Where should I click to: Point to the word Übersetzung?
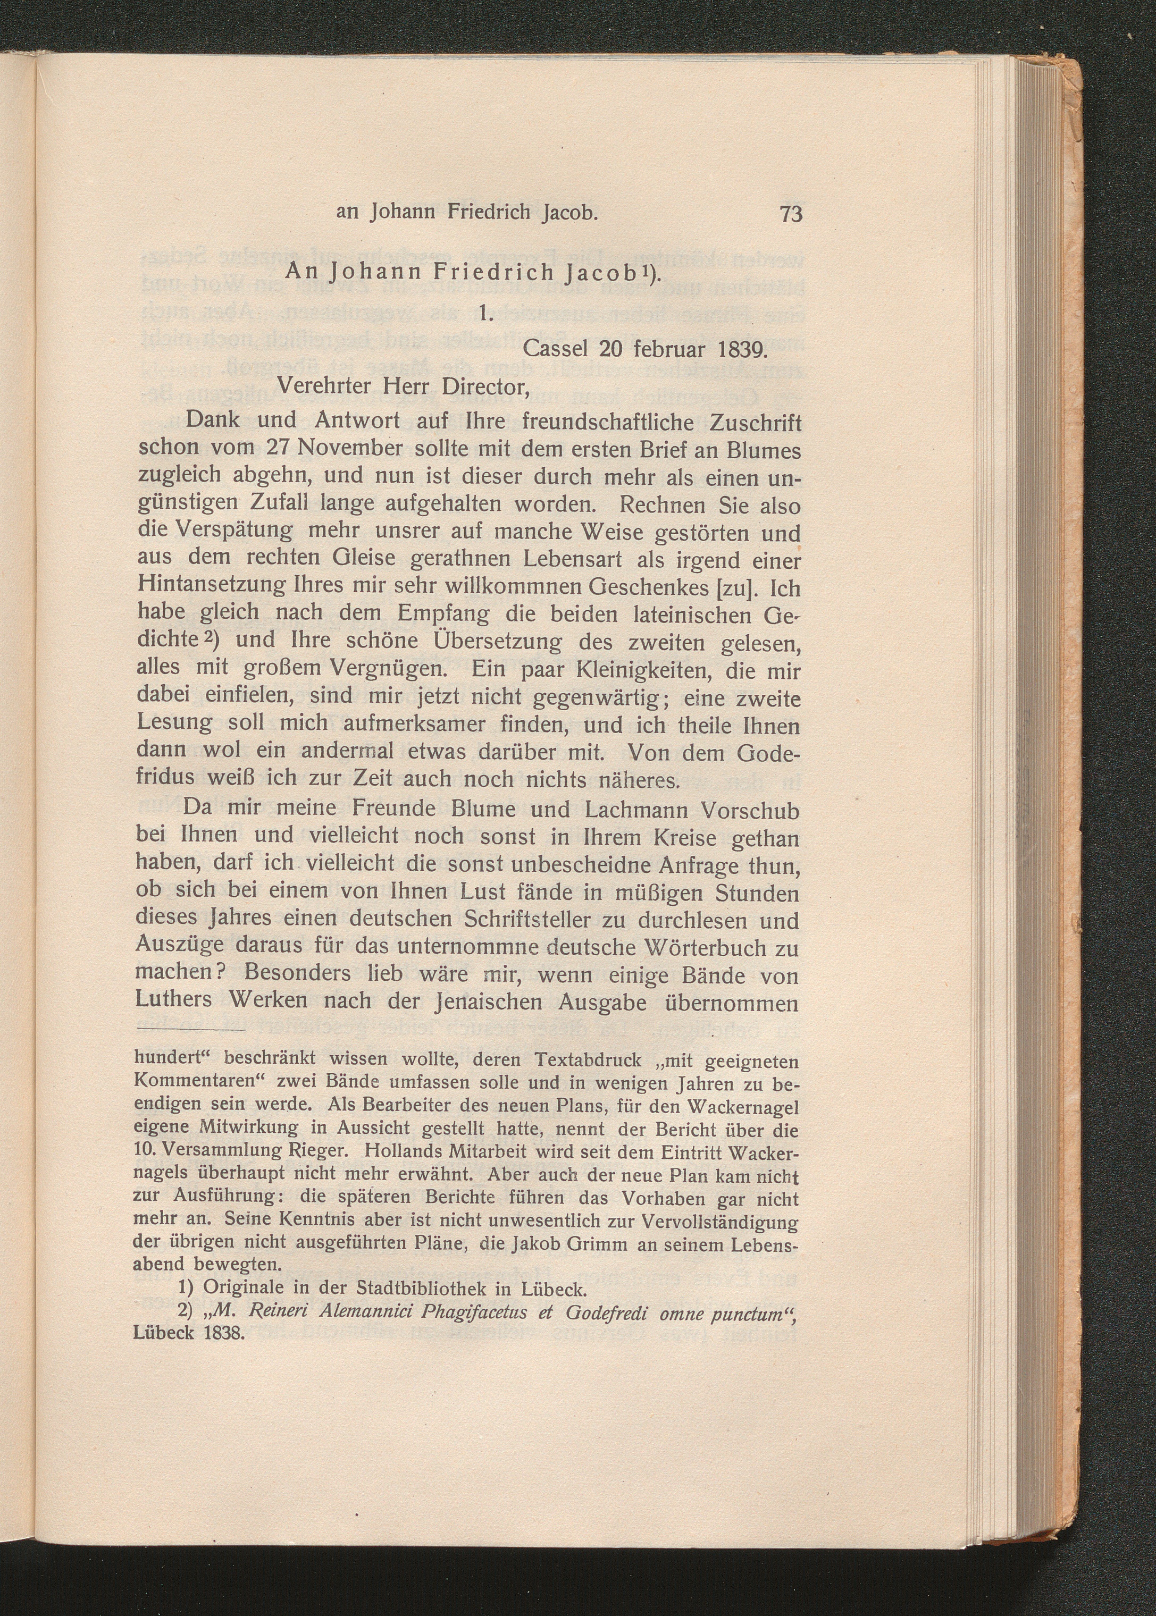coord(497,643)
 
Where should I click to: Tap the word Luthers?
coord(174,1000)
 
